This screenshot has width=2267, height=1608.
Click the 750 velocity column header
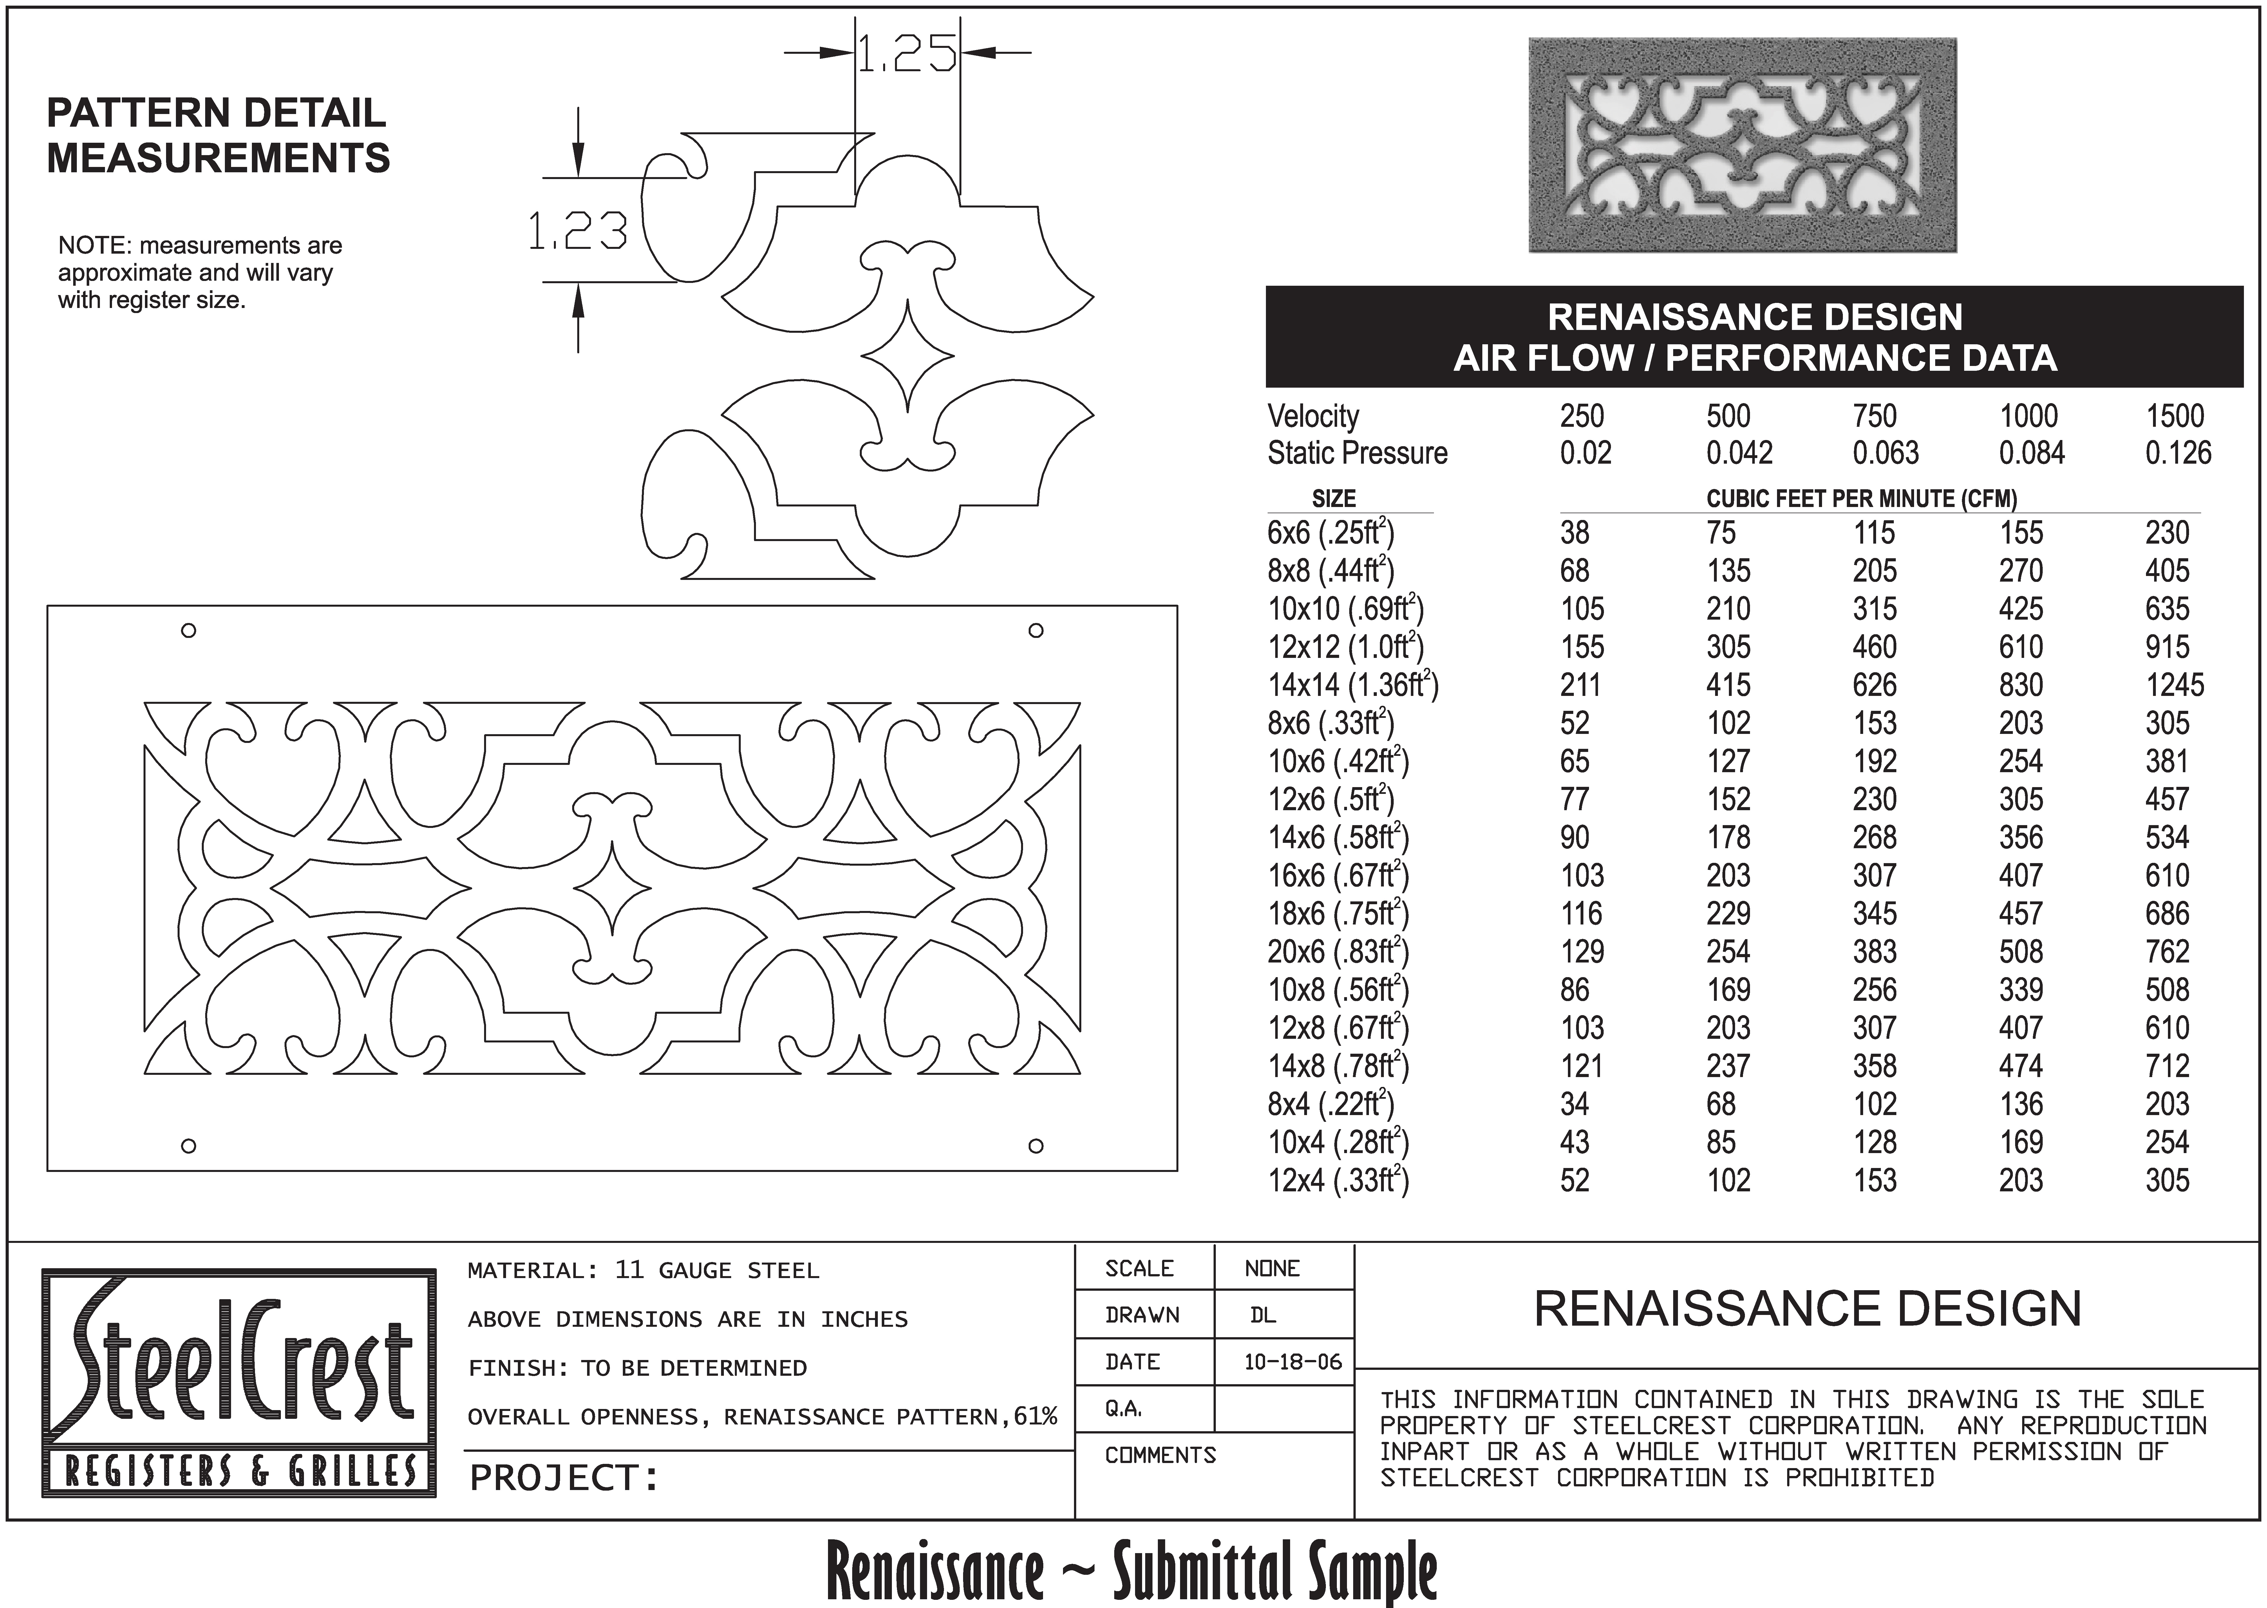1874,416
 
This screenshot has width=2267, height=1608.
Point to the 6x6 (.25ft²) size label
1330,533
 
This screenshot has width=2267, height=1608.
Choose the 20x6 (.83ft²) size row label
1337,952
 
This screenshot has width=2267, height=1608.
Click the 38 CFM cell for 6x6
1574,533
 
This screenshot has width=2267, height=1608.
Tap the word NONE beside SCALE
1272,1268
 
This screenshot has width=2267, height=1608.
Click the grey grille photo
1742,145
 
